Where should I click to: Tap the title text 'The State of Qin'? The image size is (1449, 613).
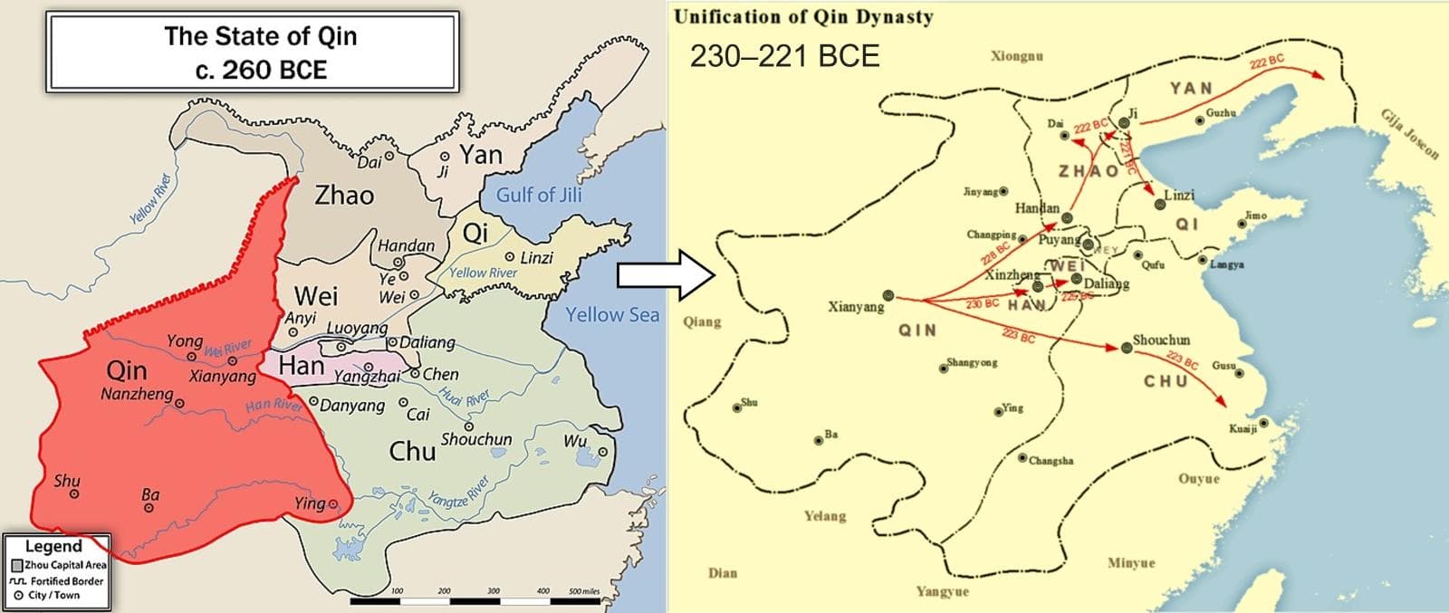coord(261,36)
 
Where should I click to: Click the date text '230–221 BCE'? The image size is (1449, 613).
coord(784,56)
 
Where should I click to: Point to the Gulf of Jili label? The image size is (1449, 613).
coord(539,195)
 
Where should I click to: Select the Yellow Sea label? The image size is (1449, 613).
coord(612,315)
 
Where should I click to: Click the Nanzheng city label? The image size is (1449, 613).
coord(137,395)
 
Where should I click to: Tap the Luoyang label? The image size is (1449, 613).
coord(357,328)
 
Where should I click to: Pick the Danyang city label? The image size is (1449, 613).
coord(351,406)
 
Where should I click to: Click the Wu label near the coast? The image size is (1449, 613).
coord(575,441)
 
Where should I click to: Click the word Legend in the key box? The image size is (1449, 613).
coord(53,546)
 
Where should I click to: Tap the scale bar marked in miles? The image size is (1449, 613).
coord(475,600)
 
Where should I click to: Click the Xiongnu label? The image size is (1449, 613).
coord(1016,56)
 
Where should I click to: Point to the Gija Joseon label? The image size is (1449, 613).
coord(1409,134)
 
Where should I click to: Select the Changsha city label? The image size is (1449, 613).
coord(1051,461)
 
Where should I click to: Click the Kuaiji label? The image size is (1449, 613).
coord(1243,428)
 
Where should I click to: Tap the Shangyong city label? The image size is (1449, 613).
coord(972,363)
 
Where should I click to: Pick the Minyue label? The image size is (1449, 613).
coord(1131,563)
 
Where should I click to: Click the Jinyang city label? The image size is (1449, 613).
coord(980,192)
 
